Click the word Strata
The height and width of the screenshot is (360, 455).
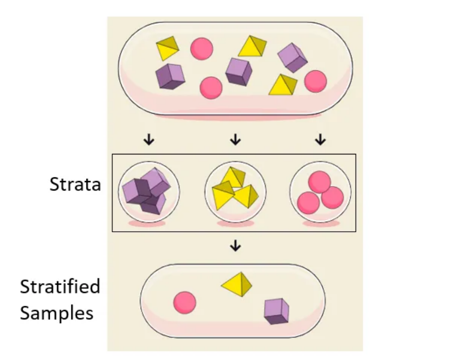click(x=75, y=185)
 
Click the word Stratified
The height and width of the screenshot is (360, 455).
click(x=60, y=287)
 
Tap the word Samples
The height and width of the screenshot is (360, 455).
click(x=57, y=313)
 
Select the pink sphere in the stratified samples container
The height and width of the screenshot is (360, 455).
click(x=185, y=303)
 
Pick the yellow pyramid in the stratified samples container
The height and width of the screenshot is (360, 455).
click(x=236, y=284)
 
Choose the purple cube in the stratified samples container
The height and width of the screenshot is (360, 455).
click(x=277, y=311)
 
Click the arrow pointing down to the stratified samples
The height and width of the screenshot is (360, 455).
click(x=235, y=246)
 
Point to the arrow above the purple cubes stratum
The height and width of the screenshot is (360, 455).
click(x=148, y=140)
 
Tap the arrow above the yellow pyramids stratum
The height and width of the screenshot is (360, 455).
click(x=235, y=140)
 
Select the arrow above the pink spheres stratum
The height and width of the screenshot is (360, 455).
click(x=320, y=140)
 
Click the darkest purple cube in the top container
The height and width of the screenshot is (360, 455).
click(x=170, y=76)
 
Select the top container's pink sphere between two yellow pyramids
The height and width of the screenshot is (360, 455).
click(x=202, y=48)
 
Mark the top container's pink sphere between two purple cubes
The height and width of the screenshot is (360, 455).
click(x=211, y=87)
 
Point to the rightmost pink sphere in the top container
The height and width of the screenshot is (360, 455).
click(x=315, y=81)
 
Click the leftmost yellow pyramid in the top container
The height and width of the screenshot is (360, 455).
click(x=167, y=48)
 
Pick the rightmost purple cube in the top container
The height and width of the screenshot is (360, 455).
click(x=293, y=57)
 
